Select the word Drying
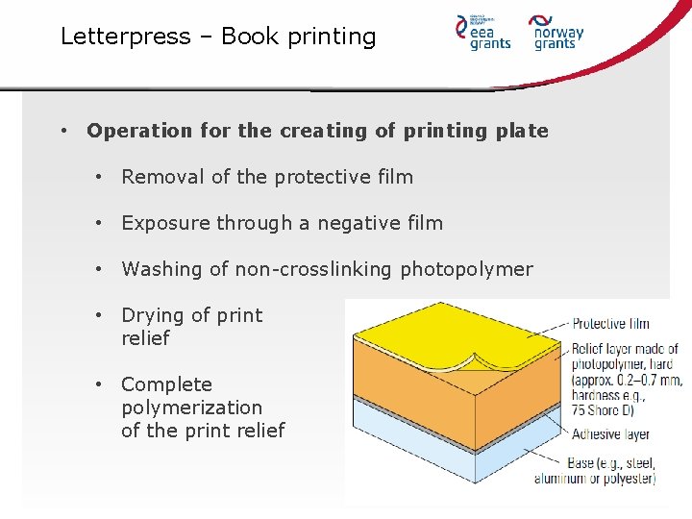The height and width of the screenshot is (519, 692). [152, 315]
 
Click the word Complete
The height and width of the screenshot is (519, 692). [166, 384]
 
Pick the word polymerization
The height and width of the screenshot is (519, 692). [191, 408]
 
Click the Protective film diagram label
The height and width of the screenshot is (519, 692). [610, 324]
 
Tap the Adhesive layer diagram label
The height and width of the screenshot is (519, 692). [610, 434]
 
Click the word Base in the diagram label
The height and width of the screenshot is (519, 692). [581, 464]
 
